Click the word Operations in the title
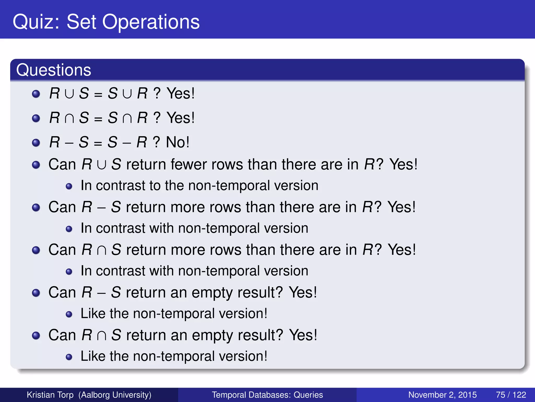pyautogui.click(x=151, y=22)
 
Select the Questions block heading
pyautogui.click(x=54, y=70)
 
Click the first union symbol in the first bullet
pyautogui.click(x=69, y=94)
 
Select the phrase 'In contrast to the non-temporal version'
pyautogui.click(x=199, y=186)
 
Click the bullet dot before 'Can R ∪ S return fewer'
pyautogui.click(x=36, y=165)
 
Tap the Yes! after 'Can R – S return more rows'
pyautogui.click(x=401, y=207)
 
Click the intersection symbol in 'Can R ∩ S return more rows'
pyautogui.click(x=101, y=250)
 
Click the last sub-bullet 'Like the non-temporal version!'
pyautogui.click(x=174, y=356)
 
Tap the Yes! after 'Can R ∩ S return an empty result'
pyautogui.click(x=303, y=335)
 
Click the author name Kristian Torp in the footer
pyautogui.click(x=50, y=395)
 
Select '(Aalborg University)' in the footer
pyautogui.click(x=115, y=395)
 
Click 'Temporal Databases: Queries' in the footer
pyautogui.click(x=267, y=395)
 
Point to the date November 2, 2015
pyautogui.click(x=442, y=395)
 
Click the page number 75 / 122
pyautogui.click(x=511, y=395)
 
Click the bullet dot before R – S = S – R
pyautogui.click(x=36, y=143)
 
